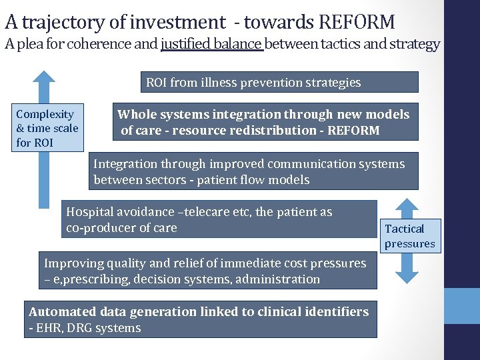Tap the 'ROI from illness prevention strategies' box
(x=279, y=83)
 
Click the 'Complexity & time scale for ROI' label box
(x=47, y=128)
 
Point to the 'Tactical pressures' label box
(x=409, y=236)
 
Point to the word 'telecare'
(x=206, y=212)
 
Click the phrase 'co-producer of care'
(x=121, y=228)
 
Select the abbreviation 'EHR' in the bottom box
(x=49, y=328)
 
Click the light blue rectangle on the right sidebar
(x=462, y=306)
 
